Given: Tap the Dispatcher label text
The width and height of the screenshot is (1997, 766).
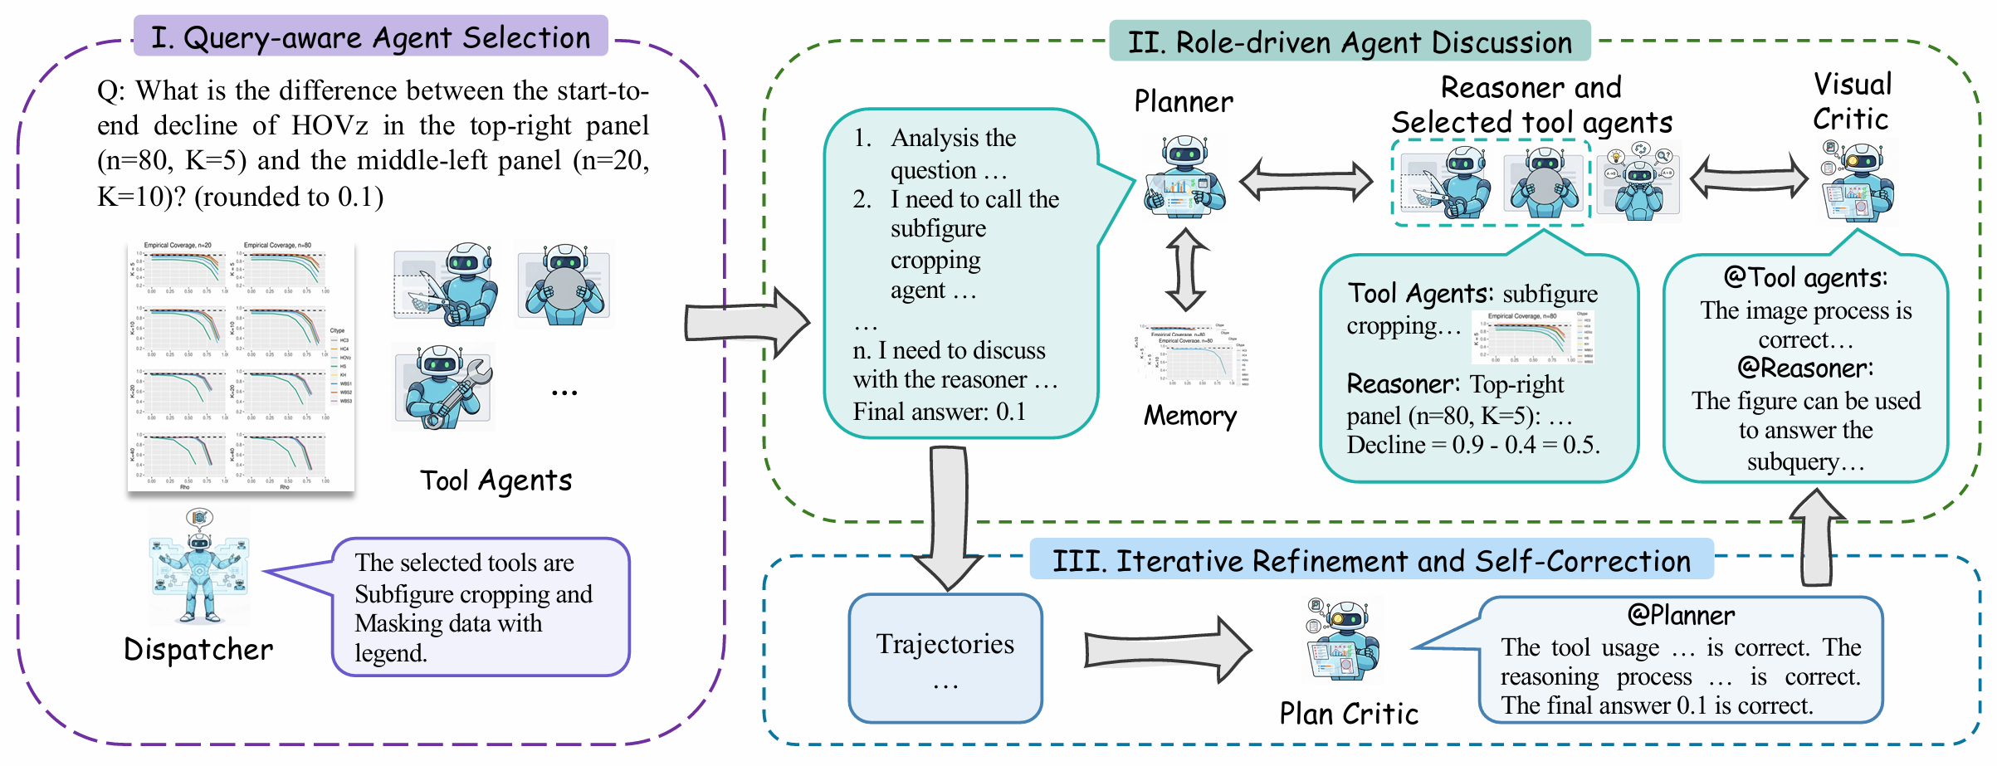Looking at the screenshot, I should click(x=198, y=650).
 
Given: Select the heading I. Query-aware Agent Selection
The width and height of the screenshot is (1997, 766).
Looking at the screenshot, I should click(x=370, y=37).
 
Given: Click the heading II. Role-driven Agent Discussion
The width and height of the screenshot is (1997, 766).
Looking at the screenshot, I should click(x=1349, y=42).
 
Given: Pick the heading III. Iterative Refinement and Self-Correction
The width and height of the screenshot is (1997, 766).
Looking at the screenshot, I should click(x=1371, y=561).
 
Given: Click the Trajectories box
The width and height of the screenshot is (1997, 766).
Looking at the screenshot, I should click(x=945, y=658).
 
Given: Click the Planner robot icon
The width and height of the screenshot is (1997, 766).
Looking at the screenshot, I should click(x=1184, y=177).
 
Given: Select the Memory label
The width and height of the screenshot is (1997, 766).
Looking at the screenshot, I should click(x=1190, y=416).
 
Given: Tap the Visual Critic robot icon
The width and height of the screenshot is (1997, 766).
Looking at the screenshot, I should click(x=1860, y=183).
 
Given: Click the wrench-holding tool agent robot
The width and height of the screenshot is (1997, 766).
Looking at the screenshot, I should click(x=444, y=387).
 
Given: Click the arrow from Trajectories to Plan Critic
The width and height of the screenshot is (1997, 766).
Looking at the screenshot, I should click(x=1167, y=649).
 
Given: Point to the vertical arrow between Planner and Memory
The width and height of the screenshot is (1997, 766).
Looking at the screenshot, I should click(x=1187, y=270).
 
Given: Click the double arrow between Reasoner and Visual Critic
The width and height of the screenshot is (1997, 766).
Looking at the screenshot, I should click(x=1749, y=177).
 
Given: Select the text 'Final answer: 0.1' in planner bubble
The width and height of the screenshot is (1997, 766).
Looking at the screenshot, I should click(x=939, y=412).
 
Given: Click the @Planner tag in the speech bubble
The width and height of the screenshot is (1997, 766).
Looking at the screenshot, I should click(x=1681, y=615).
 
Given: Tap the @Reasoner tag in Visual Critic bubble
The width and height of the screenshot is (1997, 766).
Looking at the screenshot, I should click(x=1805, y=368).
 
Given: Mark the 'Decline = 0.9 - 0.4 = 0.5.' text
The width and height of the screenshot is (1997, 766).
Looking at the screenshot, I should click(x=1473, y=445).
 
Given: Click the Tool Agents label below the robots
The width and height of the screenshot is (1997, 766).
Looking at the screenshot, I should click(x=496, y=481).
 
